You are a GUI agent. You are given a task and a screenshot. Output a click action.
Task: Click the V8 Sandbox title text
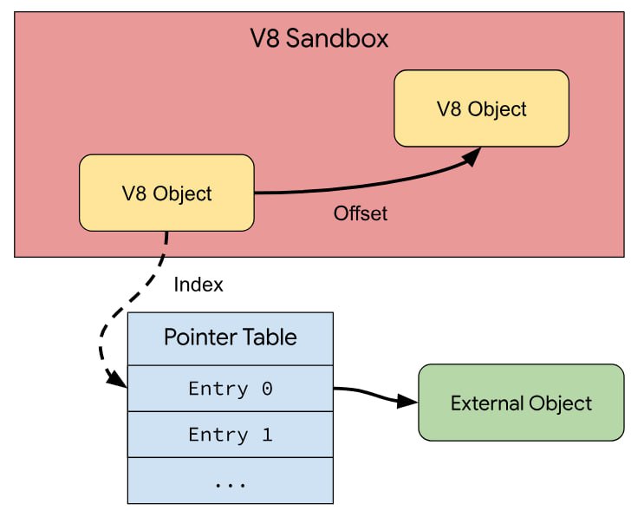tap(319, 39)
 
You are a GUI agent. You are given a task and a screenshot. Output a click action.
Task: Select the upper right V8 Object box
tap(481, 108)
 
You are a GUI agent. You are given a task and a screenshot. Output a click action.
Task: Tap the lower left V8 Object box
tap(166, 193)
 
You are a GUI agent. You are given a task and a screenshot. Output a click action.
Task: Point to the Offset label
tap(361, 213)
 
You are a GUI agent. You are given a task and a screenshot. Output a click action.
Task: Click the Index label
tap(198, 285)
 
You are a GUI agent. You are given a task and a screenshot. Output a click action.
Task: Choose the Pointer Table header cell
tap(231, 338)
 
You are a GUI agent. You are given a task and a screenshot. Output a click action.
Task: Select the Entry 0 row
tap(231, 389)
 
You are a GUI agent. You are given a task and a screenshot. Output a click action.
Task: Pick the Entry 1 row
tap(231, 435)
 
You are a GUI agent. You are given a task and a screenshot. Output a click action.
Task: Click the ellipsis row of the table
tap(231, 481)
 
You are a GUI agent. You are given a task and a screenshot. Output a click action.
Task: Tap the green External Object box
tap(521, 403)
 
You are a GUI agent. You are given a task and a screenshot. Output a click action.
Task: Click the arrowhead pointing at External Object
tap(407, 401)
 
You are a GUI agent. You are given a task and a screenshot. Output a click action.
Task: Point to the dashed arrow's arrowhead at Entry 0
tap(117, 378)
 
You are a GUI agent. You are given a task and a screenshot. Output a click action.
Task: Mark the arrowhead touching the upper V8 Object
tap(472, 156)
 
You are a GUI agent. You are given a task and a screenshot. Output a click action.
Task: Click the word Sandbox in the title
tap(337, 39)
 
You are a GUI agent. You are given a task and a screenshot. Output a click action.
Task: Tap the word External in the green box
tap(487, 403)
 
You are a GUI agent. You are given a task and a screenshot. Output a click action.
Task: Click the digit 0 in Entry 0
tap(267, 389)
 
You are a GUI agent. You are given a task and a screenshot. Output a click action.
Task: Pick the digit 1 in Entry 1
tap(267, 435)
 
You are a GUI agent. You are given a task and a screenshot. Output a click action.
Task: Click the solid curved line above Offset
tap(361, 187)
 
